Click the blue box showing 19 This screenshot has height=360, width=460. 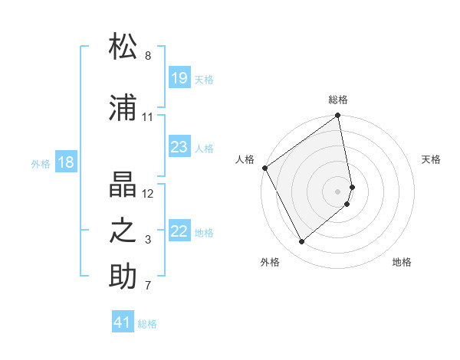click(x=179, y=78)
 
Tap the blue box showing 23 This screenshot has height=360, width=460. click(x=179, y=147)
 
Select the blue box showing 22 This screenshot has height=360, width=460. click(x=179, y=231)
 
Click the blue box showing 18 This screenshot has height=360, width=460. click(x=65, y=162)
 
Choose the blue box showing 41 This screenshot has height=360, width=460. click(x=123, y=322)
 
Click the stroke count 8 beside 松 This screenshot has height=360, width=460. click(x=147, y=56)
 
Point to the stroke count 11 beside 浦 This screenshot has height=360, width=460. click(x=147, y=117)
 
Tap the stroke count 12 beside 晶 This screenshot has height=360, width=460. click(x=148, y=193)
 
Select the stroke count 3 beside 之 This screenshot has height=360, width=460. click(x=147, y=240)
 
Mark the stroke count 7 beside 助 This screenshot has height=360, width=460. click(x=147, y=286)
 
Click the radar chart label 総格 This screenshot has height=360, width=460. click(x=338, y=100)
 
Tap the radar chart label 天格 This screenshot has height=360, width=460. click(x=431, y=159)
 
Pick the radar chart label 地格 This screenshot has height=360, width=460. click(x=402, y=262)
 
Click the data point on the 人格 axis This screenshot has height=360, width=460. click(x=264, y=168)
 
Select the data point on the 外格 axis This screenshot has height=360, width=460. click(x=301, y=241)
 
